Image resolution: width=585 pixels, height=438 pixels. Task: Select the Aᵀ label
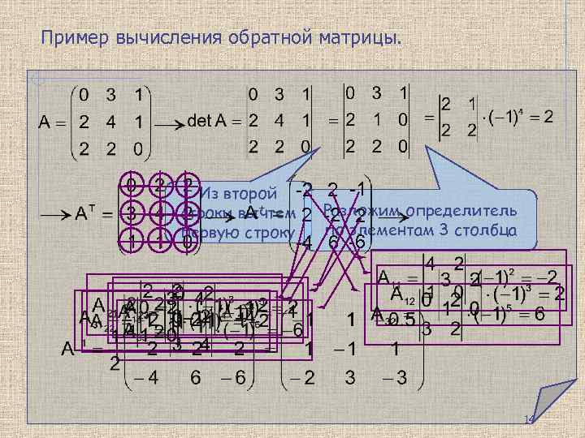point(82,214)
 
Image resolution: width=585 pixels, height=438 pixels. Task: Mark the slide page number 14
point(529,419)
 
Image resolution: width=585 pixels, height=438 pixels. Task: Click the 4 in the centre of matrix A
point(113,122)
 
